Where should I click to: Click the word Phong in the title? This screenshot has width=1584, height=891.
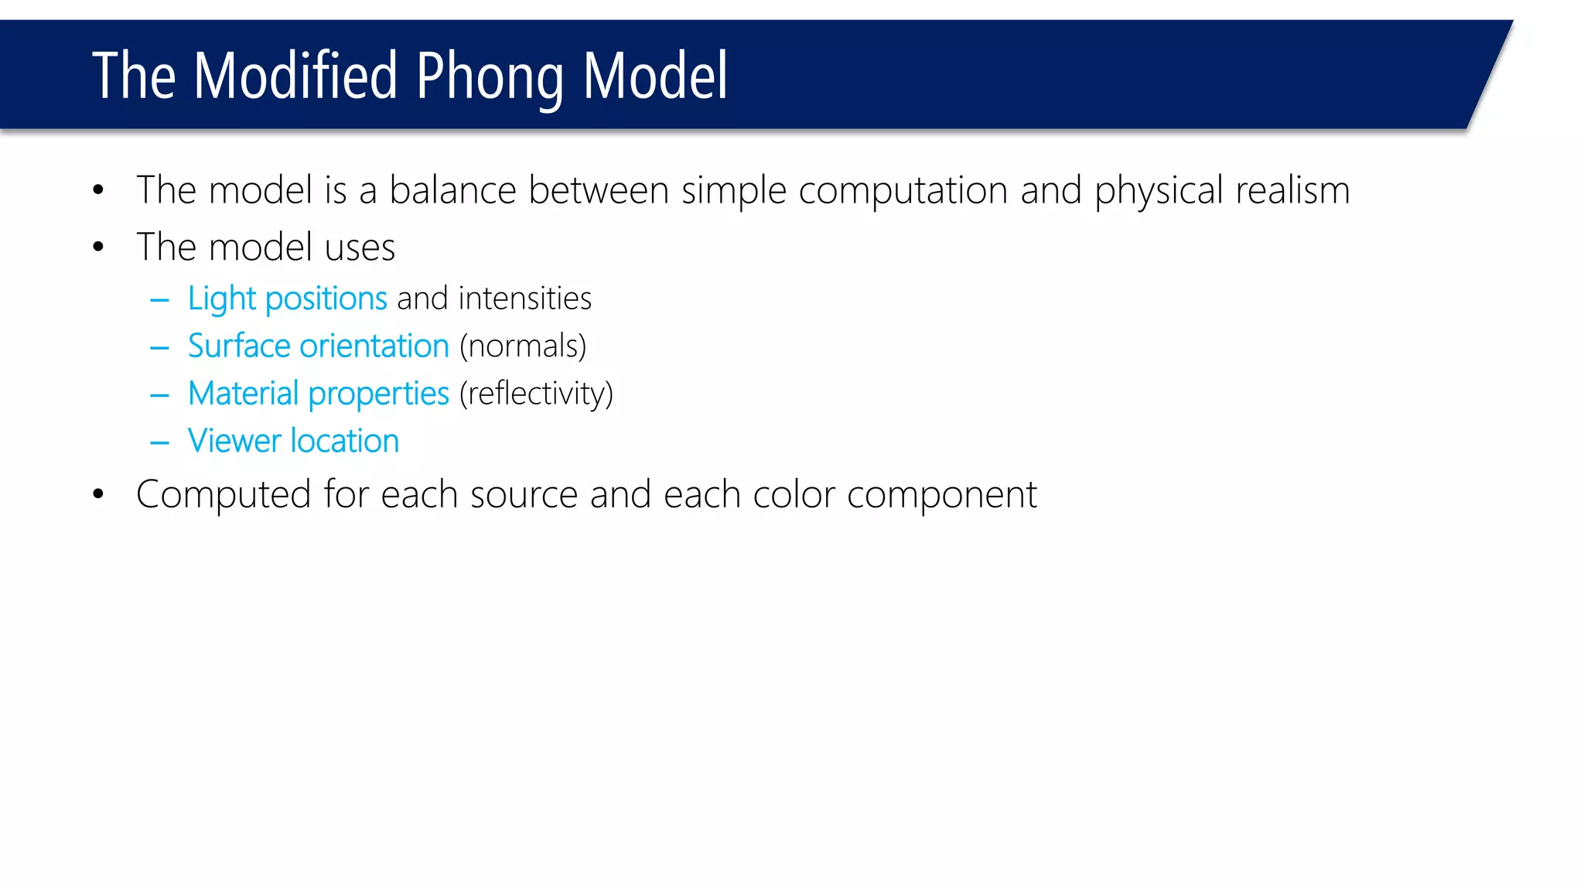tap(490, 77)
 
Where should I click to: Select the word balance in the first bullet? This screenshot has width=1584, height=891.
tap(452, 190)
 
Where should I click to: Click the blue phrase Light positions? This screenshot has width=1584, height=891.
tap(287, 299)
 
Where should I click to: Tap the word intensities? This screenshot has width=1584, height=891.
tap(524, 299)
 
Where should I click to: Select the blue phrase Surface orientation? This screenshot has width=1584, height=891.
tap(318, 346)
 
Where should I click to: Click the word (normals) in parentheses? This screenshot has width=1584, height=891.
tap(523, 346)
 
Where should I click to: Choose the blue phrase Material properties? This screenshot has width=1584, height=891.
tap(318, 394)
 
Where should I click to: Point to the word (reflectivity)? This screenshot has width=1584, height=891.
tap(536, 394)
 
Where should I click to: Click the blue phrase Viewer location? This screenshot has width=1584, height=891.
tap(293, 441)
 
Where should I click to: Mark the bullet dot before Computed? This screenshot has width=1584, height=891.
tap(98, 494)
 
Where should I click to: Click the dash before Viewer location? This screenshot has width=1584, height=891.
tap(159, 443)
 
